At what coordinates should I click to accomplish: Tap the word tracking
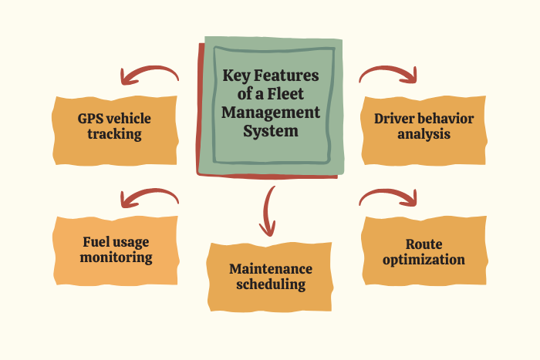pos(114,134)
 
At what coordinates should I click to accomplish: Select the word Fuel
pos(97,241)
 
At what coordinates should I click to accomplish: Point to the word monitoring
pos(115,257)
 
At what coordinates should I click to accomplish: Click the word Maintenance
pos(271,269)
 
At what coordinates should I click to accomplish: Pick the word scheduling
pos(271,284)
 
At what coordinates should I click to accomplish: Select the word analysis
pos(424,134)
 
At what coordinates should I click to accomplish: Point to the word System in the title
pos(270,131)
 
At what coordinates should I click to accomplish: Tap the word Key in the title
pos(237,76)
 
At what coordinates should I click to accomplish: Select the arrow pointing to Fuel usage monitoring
pos(147,197)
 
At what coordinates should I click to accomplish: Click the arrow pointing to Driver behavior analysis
pos(390,73)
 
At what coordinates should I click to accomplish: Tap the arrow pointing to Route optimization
pos(390,197)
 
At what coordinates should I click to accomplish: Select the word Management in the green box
pos(270,113)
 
